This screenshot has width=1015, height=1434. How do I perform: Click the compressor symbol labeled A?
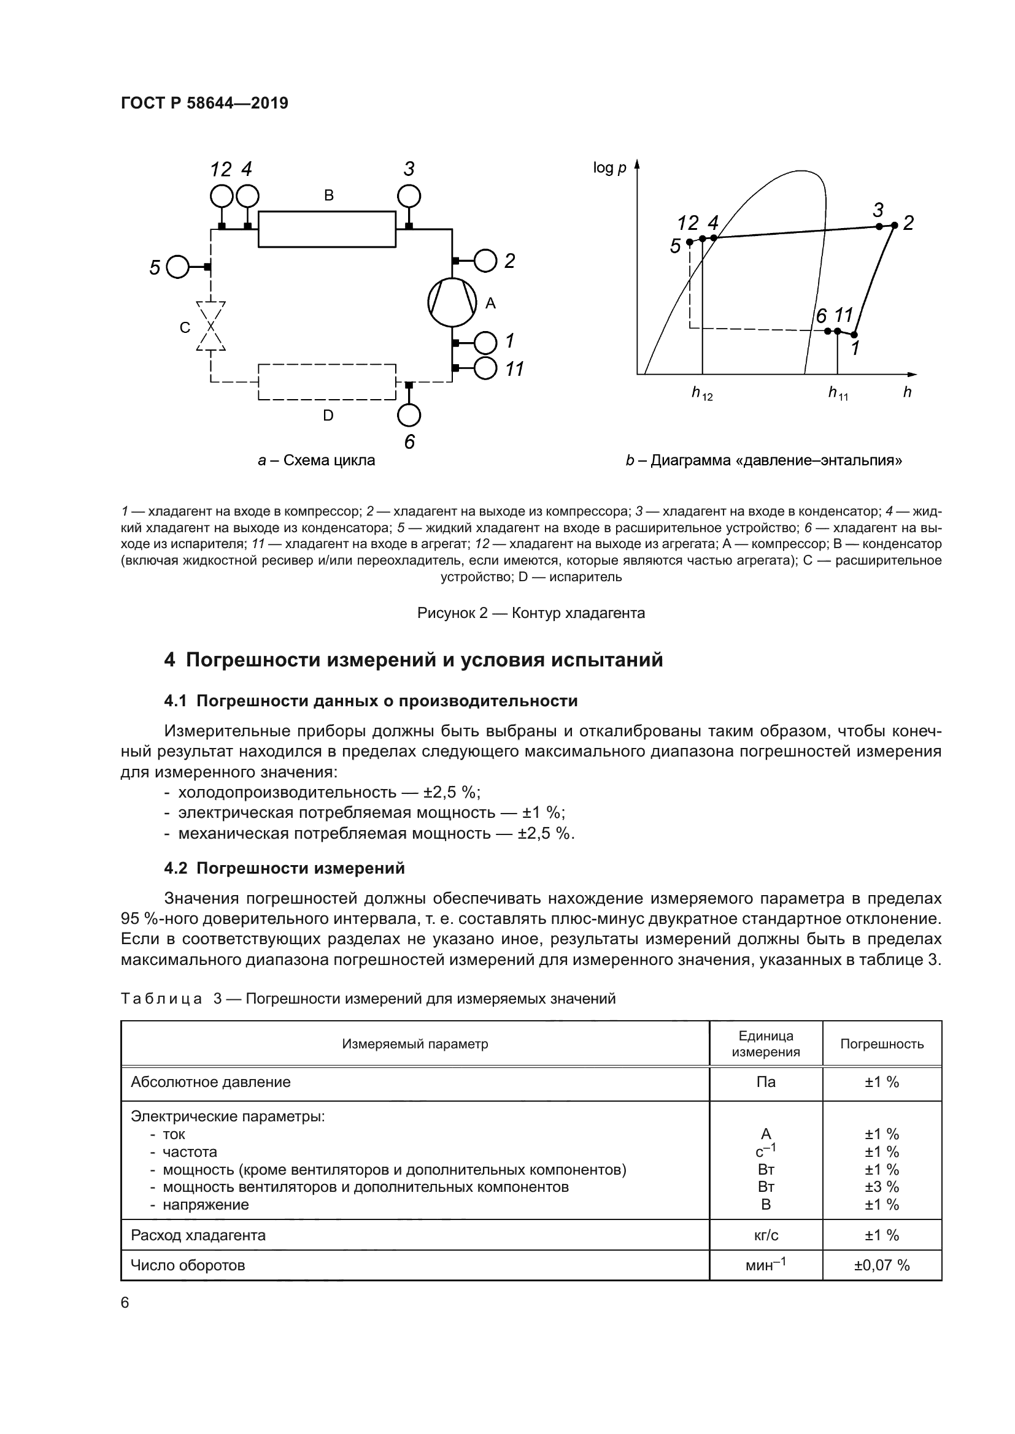pos(452,302)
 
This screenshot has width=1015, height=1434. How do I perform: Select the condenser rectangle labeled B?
pos(327,229)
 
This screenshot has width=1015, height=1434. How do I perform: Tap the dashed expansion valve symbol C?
pos(210,327)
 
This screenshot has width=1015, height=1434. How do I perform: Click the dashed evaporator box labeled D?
pos(327,381)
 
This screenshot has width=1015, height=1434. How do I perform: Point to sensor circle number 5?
pos(177,267)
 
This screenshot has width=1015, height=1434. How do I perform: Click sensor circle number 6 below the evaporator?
pos(409,414)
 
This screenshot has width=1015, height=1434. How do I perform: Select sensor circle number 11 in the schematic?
pos(485,368)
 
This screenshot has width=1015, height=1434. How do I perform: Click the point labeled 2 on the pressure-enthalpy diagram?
pos(894,226)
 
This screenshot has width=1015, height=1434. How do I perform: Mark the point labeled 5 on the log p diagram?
pos(689,242)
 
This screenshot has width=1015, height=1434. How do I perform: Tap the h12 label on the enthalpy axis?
pos(701,394)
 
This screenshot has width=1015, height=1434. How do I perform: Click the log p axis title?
pos(609,168)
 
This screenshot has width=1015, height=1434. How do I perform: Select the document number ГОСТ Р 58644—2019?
pos(204,104)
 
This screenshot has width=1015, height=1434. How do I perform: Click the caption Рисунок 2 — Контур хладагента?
pos(531,613)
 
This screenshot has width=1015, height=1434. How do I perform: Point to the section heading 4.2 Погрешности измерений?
pos(284,868)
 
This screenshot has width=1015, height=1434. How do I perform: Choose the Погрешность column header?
pos(881,1043)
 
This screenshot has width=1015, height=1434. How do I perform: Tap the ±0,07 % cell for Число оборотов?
pos(881,1265)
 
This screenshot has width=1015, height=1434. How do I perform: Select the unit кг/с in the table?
pos(766,1235)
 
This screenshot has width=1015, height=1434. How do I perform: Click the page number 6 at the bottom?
pos(125,1303)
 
